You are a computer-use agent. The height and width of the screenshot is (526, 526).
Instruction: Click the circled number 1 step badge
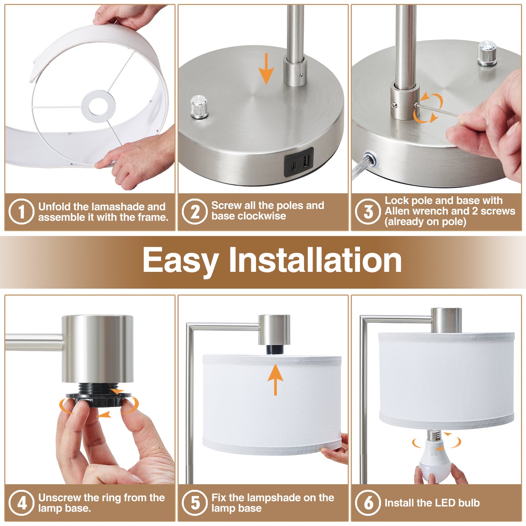[x=21, y=212]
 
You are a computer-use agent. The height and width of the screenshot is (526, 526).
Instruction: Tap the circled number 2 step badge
[x=195, y=212]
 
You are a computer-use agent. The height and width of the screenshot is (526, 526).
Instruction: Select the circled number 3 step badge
[x=368, y=212]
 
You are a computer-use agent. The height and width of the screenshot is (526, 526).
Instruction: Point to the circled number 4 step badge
[x=21, y=503]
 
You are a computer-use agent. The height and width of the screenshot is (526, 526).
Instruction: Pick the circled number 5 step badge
[x=195, y=503]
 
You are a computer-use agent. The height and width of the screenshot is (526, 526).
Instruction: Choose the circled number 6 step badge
[x=368, y=503]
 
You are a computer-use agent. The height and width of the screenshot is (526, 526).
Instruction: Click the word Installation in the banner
[x=315, y=260]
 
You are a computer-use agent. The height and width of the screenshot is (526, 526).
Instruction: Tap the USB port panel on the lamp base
[x=299, y=162]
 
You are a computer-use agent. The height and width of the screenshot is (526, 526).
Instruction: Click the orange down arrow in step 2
[x=267, y=68]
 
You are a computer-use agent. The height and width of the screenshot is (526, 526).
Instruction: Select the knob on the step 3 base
[x=487, y=54]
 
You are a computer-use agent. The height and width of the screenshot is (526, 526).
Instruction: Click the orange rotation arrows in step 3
[x=428, y=108]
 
